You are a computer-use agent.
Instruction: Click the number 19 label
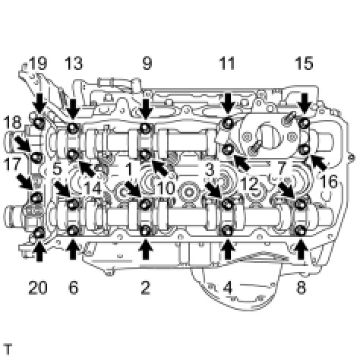(39, 63)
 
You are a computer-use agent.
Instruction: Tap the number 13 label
(74, 63)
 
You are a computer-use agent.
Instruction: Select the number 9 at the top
(147, 63)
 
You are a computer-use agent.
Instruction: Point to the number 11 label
(227, 63)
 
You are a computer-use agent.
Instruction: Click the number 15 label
(304, 63)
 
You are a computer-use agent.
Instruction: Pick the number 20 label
(38, 288)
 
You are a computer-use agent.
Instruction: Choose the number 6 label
(74, 288)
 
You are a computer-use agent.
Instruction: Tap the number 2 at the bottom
(146, 288)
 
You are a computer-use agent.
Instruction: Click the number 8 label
(301, 288)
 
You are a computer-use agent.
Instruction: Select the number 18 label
(13, 122)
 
